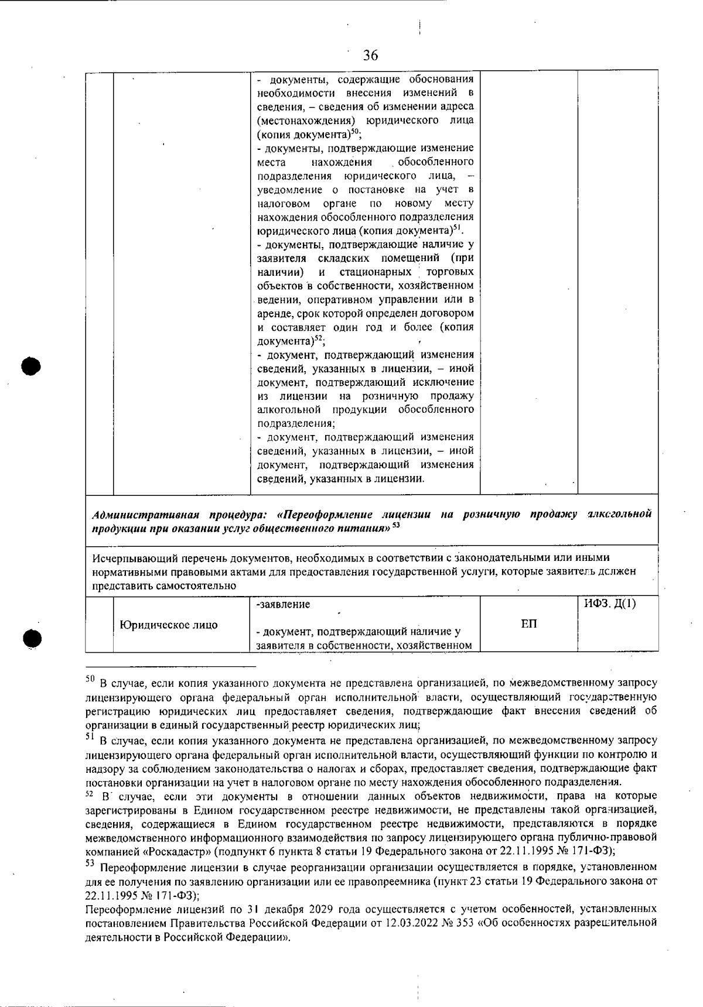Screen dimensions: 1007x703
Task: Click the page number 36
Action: [x=370, y=56]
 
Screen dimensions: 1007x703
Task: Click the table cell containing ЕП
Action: [x=528, y=624]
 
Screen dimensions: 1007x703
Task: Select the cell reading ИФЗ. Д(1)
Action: [x=609, y=604]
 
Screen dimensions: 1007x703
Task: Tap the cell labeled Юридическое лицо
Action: [x=169, y=625]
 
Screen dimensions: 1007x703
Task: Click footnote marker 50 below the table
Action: [x=90, y=680]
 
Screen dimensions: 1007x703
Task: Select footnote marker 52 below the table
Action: [x=90, y=794]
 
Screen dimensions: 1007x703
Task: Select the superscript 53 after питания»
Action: [x=396, y=525]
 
